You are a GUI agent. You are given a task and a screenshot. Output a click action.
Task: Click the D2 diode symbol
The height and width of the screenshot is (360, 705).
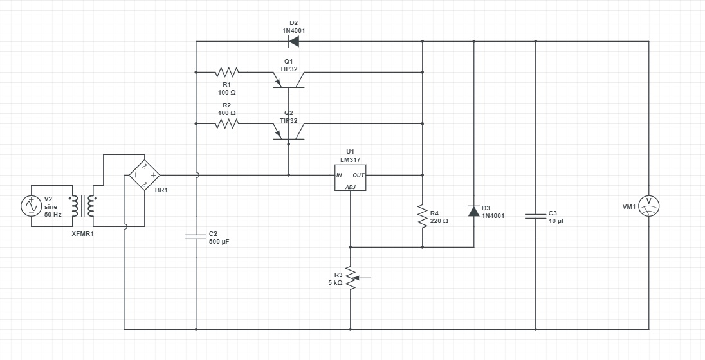pos(294,41)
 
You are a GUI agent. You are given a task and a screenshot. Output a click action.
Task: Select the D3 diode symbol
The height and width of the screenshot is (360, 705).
pos(474,211)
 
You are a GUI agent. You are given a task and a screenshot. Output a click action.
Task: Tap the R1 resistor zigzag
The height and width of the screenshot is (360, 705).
pos(227,72)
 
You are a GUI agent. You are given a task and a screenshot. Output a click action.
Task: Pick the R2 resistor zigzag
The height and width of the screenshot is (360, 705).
pos(227,123)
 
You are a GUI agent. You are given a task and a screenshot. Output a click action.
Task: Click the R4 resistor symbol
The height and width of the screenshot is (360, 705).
pos(423,216)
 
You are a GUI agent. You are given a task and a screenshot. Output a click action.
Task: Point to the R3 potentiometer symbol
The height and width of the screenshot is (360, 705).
pos(351,278)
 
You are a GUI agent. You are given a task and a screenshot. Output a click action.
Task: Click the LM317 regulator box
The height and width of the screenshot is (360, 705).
pos(350,177)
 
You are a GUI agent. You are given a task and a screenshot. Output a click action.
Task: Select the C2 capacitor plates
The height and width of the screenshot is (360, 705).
pos(196,237)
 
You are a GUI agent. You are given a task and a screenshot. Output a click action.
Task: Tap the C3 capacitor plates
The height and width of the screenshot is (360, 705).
pos(536,216)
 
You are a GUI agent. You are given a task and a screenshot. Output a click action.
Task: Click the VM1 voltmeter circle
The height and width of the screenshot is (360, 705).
pos(648,206)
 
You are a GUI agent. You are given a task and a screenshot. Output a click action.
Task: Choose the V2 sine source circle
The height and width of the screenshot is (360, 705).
pos(31,206)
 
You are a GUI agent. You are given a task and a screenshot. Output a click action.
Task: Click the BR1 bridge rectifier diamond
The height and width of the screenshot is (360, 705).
pos(145,175)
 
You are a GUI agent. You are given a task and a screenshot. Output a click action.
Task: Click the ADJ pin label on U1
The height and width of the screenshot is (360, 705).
pos(351,187)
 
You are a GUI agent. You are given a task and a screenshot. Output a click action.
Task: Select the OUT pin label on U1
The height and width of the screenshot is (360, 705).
pos(358,175)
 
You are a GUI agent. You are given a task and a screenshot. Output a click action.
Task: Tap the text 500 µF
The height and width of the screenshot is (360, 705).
pos(219,241)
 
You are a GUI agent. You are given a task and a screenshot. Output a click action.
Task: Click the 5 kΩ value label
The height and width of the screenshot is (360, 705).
pos(335,283)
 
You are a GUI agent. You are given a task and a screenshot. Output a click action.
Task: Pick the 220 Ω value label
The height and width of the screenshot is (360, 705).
pos(439,221)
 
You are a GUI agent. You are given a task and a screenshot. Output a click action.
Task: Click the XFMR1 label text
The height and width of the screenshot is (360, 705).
pos(83,233)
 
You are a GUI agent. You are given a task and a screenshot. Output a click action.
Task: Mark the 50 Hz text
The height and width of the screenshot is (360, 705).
pos(53,214)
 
